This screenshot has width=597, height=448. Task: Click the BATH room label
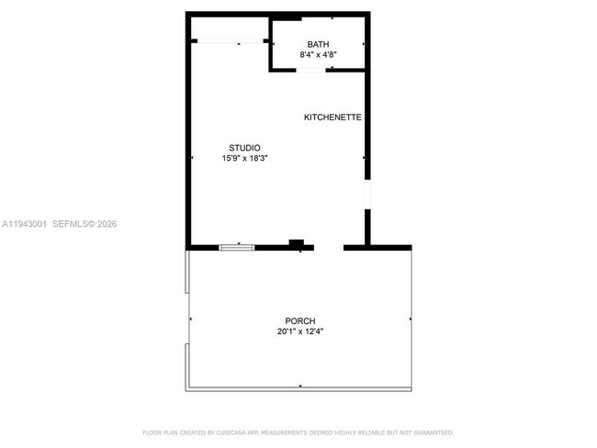(318, 44)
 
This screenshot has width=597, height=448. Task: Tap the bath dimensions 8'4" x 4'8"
(318, 55)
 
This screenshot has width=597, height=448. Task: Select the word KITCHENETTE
(332, 118)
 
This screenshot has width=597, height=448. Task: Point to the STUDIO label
(244, 148)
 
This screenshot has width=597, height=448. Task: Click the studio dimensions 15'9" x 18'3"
(244, 159)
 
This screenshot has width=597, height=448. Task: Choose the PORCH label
(299, 320)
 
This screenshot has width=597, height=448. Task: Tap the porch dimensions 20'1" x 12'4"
(299, 331)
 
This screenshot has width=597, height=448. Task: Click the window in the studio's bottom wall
(237, 246)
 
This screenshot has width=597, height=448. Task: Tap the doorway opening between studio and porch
(329, 247)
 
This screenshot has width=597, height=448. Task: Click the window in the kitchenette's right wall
(366, 195)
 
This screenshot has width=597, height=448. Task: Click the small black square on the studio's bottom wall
(296, 243)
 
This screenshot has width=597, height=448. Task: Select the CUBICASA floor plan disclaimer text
(298, 432)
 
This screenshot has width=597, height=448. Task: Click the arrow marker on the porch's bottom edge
(299, 386)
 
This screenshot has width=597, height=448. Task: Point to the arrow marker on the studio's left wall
(191, 158)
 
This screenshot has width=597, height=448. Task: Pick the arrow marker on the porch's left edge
(190, 319)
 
